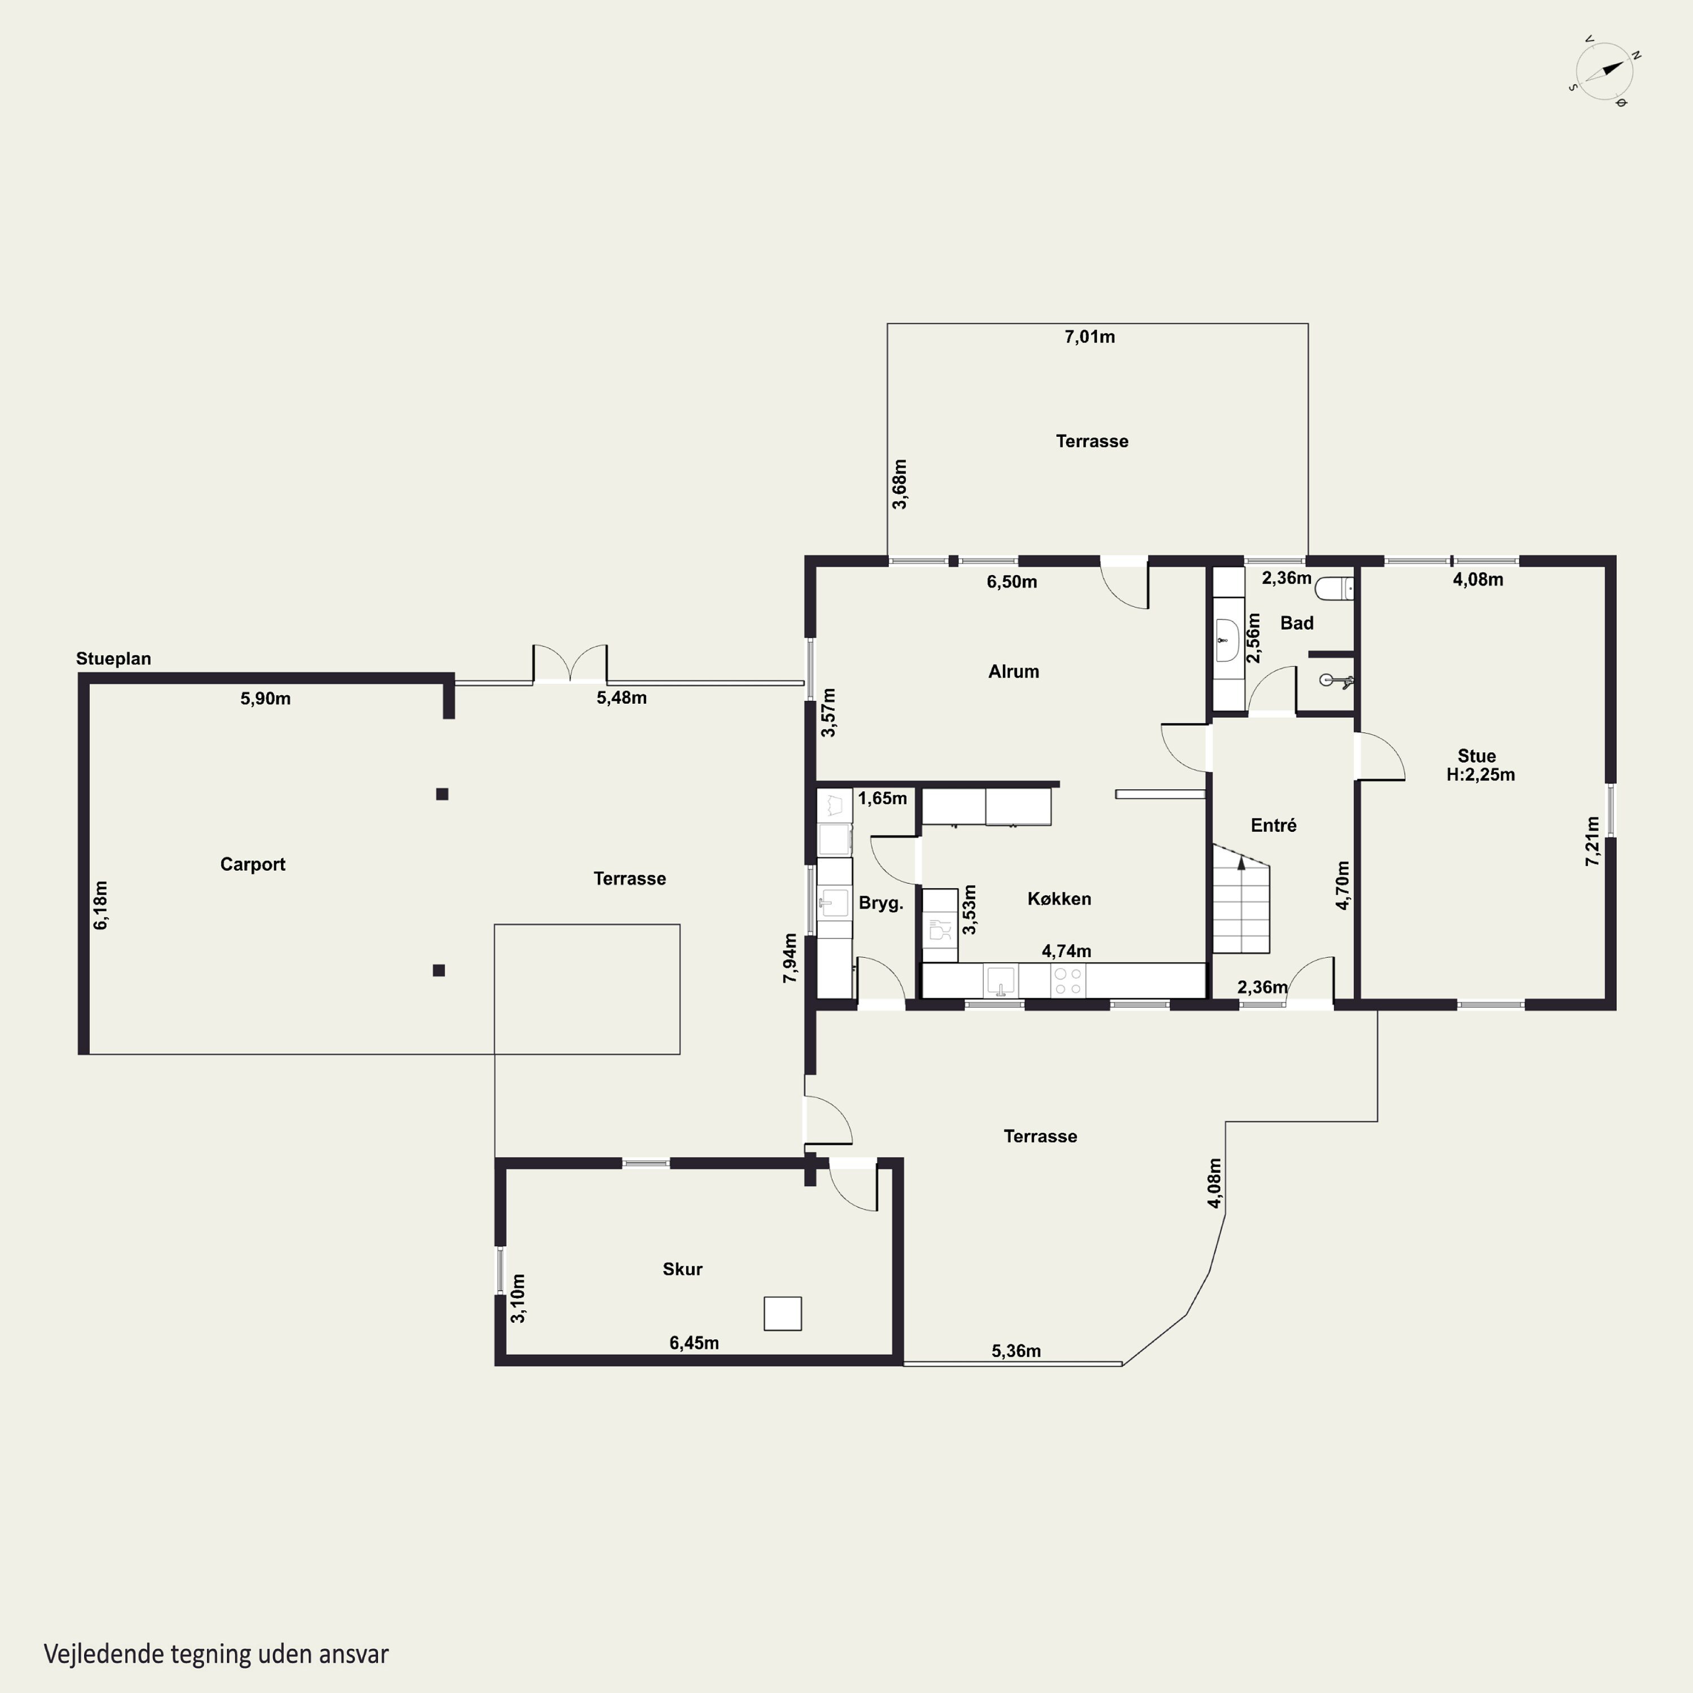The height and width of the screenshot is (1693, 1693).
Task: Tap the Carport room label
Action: click(252, 864)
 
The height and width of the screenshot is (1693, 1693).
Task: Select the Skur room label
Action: click(683, 1269)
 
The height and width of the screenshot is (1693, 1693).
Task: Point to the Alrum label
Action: click(1014, 671)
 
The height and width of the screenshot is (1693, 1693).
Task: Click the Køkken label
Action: click(1059, 898)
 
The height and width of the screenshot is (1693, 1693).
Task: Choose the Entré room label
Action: click(1273, 824)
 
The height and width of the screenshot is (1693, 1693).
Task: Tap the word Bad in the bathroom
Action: click(1297, 623)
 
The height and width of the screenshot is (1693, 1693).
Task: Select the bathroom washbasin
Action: click(1227, 641)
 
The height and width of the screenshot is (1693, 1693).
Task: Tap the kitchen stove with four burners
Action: click(1068, 981)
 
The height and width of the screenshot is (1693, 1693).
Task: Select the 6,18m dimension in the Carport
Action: click(101, 905)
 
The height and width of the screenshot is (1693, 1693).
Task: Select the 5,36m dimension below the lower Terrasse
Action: click(1016, 1350)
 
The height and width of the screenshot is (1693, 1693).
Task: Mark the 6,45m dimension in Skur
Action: click(694, 1343)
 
